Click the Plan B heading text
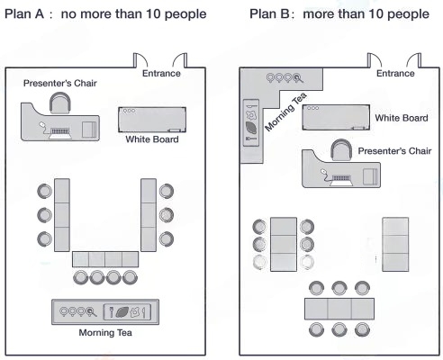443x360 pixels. coord(333,15)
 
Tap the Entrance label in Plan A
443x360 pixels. coord(162,73)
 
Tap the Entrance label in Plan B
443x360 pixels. coord(396,73)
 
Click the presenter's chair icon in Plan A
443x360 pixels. coord(60,104)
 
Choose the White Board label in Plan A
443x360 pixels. coord(152,139)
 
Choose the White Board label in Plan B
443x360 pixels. coord(401,118)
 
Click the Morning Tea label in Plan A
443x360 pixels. coord(105,335)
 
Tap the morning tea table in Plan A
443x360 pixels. coord(105,310)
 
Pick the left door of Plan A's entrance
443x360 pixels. coord(140,61)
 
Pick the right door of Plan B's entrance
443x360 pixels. coord(417,61)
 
